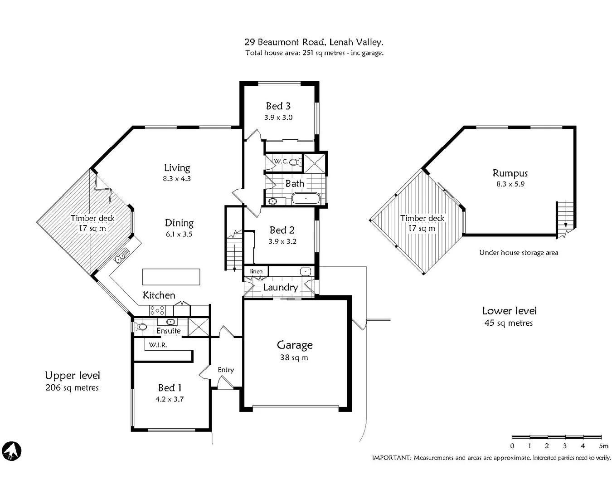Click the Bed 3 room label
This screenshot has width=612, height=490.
(278, 106)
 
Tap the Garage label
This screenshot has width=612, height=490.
(295, 345)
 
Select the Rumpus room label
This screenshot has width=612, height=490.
(510, 173)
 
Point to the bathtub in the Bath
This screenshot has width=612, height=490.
(306, 198)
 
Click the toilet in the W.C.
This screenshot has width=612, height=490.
(293, 162)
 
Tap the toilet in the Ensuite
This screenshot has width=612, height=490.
(141, 327)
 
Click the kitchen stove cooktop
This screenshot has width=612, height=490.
(157, 310)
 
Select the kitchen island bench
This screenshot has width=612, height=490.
(171, 277)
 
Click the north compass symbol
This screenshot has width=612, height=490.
(11, 451)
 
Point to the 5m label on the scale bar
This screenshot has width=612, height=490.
(603, 446)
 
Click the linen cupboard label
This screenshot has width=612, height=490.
(256, 271)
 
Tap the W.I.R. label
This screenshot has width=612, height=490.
(158, 345)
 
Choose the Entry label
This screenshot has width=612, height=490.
(226, 370)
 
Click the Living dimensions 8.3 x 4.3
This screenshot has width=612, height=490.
(177, 179)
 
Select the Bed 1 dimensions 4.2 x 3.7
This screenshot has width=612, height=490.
(170, 399)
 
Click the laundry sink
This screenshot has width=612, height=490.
(306, 271)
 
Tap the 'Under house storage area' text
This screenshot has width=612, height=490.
(519, 253)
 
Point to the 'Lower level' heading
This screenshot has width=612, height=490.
(509, 311)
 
